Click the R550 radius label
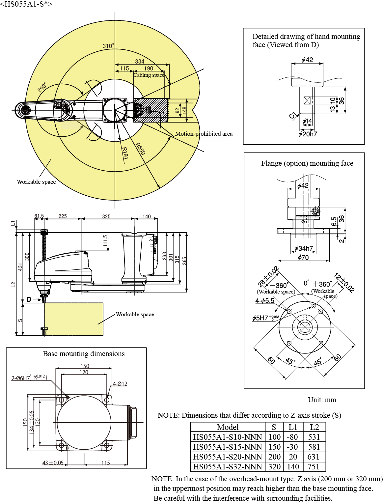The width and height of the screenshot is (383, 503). (140, 149)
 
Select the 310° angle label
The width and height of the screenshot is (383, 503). (108, 46)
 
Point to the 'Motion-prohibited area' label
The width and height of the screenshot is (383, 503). (204, 134)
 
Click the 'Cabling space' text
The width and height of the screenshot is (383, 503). (149, 75)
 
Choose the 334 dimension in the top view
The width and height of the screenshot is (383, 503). (140, 62)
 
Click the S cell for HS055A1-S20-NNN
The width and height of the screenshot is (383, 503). (274, 457)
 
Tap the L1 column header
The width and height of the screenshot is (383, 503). (293, 427)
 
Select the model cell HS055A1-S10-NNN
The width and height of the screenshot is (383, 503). (228, 437)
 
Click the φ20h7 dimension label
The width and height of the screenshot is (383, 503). (308, 134)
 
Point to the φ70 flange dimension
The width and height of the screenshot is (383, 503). (303, 258)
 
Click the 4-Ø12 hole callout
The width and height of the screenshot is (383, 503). (120, 384)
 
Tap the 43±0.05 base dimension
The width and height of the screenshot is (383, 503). (53, 463)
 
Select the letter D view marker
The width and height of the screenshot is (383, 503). (29, 299)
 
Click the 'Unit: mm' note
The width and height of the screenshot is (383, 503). (322, 400)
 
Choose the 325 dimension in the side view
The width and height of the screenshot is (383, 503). (106, 216)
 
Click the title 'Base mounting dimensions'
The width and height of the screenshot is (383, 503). (84, 354)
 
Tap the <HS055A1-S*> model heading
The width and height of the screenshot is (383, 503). (26, 4)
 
